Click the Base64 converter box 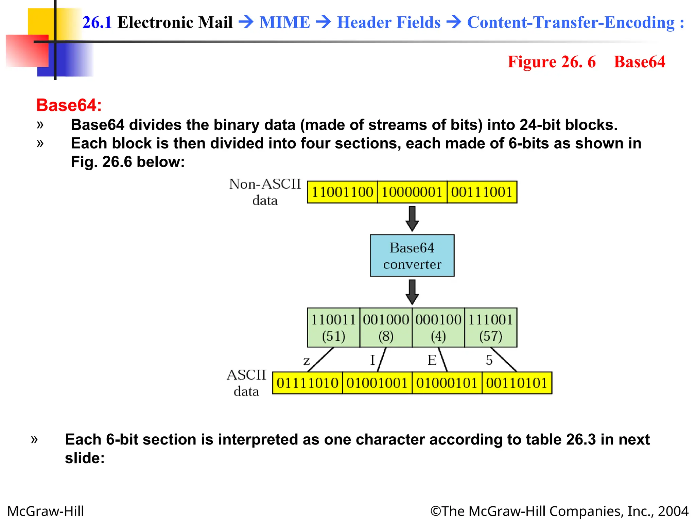tap(412, 256)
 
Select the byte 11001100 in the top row tap(342, 192)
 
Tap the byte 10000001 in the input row tap(412, 192)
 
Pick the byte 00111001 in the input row tap(482, 192)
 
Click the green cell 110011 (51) tap(333, 328)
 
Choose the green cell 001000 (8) tap(386, 328)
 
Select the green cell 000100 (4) tap(438, 328)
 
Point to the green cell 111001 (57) tap(490, 328)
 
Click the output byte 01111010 tap(307, 383)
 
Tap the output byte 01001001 tap(377, 383)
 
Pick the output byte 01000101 tap(447, 383)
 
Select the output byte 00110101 tap(517, 383)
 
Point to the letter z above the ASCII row tap(307, 361)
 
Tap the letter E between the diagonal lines tap(432, 360)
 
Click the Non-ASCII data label tap(265, 192)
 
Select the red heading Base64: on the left tap(69, 105)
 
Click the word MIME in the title tap(285, 22)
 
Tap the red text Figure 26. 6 tap(551, 62)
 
